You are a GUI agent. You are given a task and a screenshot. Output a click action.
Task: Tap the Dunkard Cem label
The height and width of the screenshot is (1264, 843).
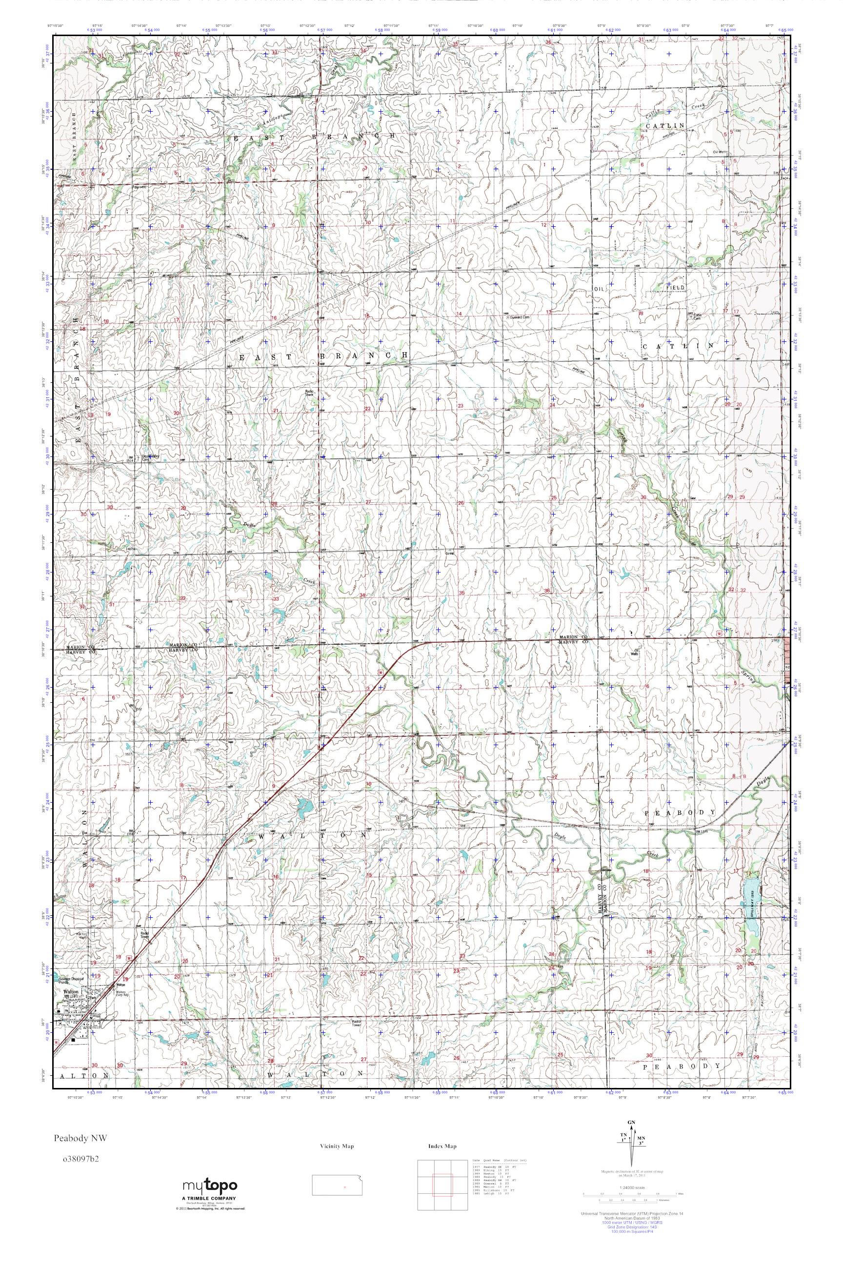pyautogui.click(x=520, y=317)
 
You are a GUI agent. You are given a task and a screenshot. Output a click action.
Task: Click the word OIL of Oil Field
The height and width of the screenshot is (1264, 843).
pyautogui.click(x=600, y=289)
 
